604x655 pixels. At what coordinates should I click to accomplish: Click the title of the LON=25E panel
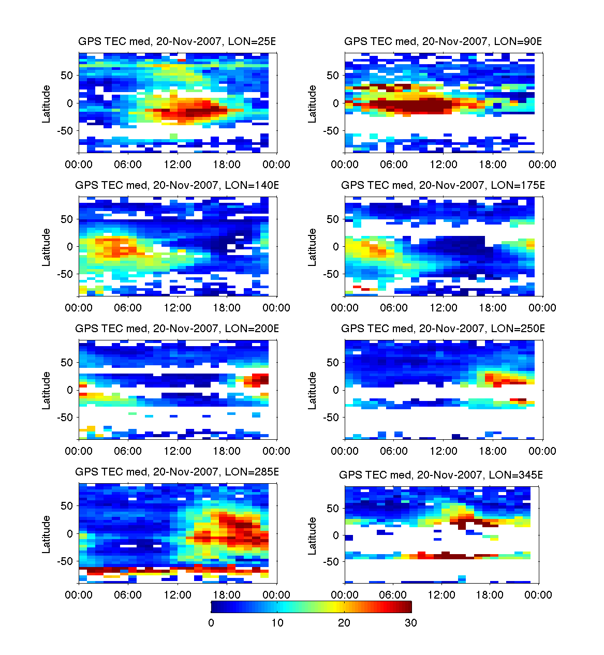click(177, 41)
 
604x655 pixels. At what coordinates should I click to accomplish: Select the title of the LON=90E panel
click(443, 41)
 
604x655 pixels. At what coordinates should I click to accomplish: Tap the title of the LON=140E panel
click(177, 185)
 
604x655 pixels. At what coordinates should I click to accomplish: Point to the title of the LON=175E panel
click(443, 185)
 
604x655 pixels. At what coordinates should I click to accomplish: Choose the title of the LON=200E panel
click(177, 329)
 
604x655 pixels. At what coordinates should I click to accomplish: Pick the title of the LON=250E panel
click(443, 329)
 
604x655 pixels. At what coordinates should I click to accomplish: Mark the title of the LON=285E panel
click(177, 472)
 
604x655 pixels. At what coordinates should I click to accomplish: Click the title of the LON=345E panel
click(441, 475)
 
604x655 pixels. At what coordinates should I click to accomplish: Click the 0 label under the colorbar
click(211, 623)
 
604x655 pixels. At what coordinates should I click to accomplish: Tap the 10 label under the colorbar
click(277, 623)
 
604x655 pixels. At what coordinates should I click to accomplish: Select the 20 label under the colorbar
click(344, 623)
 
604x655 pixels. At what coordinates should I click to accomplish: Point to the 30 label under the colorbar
click(411, 623)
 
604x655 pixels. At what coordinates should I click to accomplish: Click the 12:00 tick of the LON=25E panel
click(178, 165)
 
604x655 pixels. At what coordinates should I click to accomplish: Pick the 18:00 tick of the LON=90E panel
click(493, 165)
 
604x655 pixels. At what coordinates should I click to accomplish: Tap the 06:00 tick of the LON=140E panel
click(128, 308)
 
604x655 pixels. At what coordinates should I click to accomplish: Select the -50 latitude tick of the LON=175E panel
click(331, 274)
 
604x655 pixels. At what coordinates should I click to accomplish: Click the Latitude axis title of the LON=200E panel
click(47, 390)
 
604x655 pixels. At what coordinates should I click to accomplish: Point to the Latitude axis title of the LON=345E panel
click(313, 536)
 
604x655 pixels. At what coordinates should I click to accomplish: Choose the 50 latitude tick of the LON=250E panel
click(333, 363)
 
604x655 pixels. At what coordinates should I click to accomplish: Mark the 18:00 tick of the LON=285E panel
click(227, 595)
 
